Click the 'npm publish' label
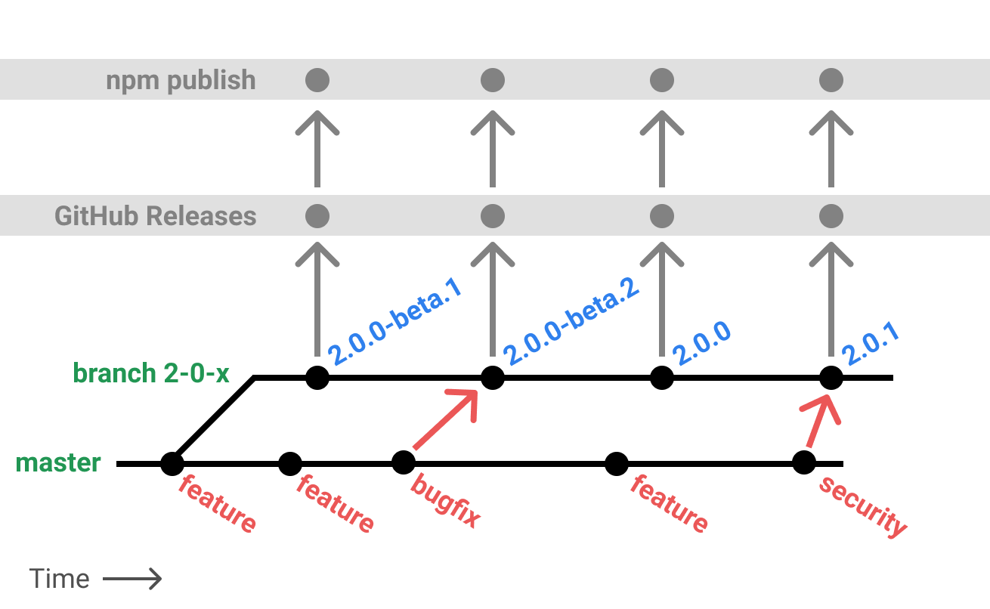(181, 80)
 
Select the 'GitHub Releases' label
(155, 216)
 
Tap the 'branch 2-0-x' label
(151, 373)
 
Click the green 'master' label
(58, 462)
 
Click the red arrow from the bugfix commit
(446, 421)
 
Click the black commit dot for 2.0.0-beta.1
(317, 377)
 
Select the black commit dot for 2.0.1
(831, 377)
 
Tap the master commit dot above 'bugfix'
(404, 462)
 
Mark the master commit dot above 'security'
(804, 462)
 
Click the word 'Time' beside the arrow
(60, 580)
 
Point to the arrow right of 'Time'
(132, 580)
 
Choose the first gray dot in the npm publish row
(317, 79)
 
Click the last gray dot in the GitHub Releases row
(831, 216)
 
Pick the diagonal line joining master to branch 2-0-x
(213, 419)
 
